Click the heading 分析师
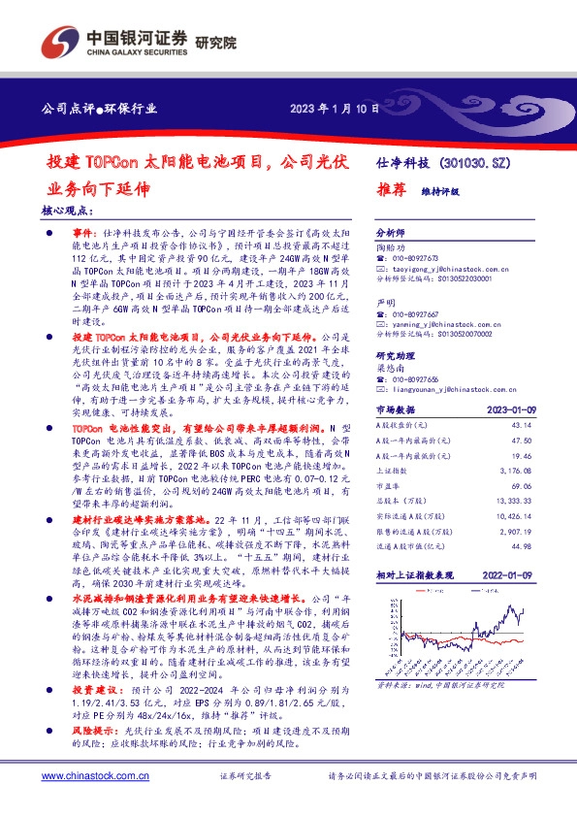coord(390,233)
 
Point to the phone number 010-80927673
coord(418,259)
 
